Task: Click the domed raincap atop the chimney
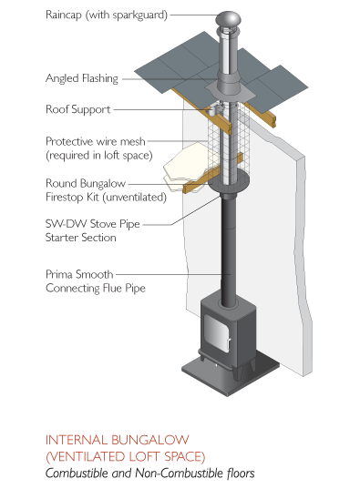[x=228, y=20]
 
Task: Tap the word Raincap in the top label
[x=64, y=15]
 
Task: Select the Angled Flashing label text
[x=82, y=78]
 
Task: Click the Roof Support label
[x=78, y=109]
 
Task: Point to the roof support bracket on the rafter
[x=215, y=110]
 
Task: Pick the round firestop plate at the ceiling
[x=228, y=182]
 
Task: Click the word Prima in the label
[x=58, y=274]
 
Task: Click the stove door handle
[x=229, y=343]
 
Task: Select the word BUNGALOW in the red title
[x=150, y=440]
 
